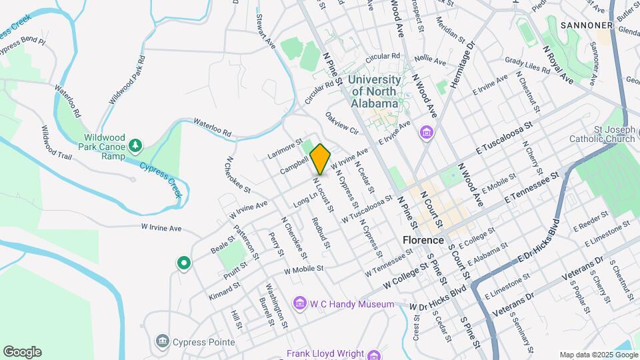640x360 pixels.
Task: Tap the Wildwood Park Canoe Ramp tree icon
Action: point(135,145)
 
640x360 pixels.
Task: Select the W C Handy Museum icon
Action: point(299,304)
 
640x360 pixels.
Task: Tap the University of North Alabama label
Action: point(375,91)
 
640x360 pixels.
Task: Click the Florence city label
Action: point(423,240)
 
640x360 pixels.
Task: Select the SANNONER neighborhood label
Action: point(586,25)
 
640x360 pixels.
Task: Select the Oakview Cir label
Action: point(342,123)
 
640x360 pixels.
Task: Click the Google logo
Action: point(22,352)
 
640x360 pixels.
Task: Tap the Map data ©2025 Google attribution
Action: point(598,355)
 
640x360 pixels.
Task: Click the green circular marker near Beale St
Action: point(183,264)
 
